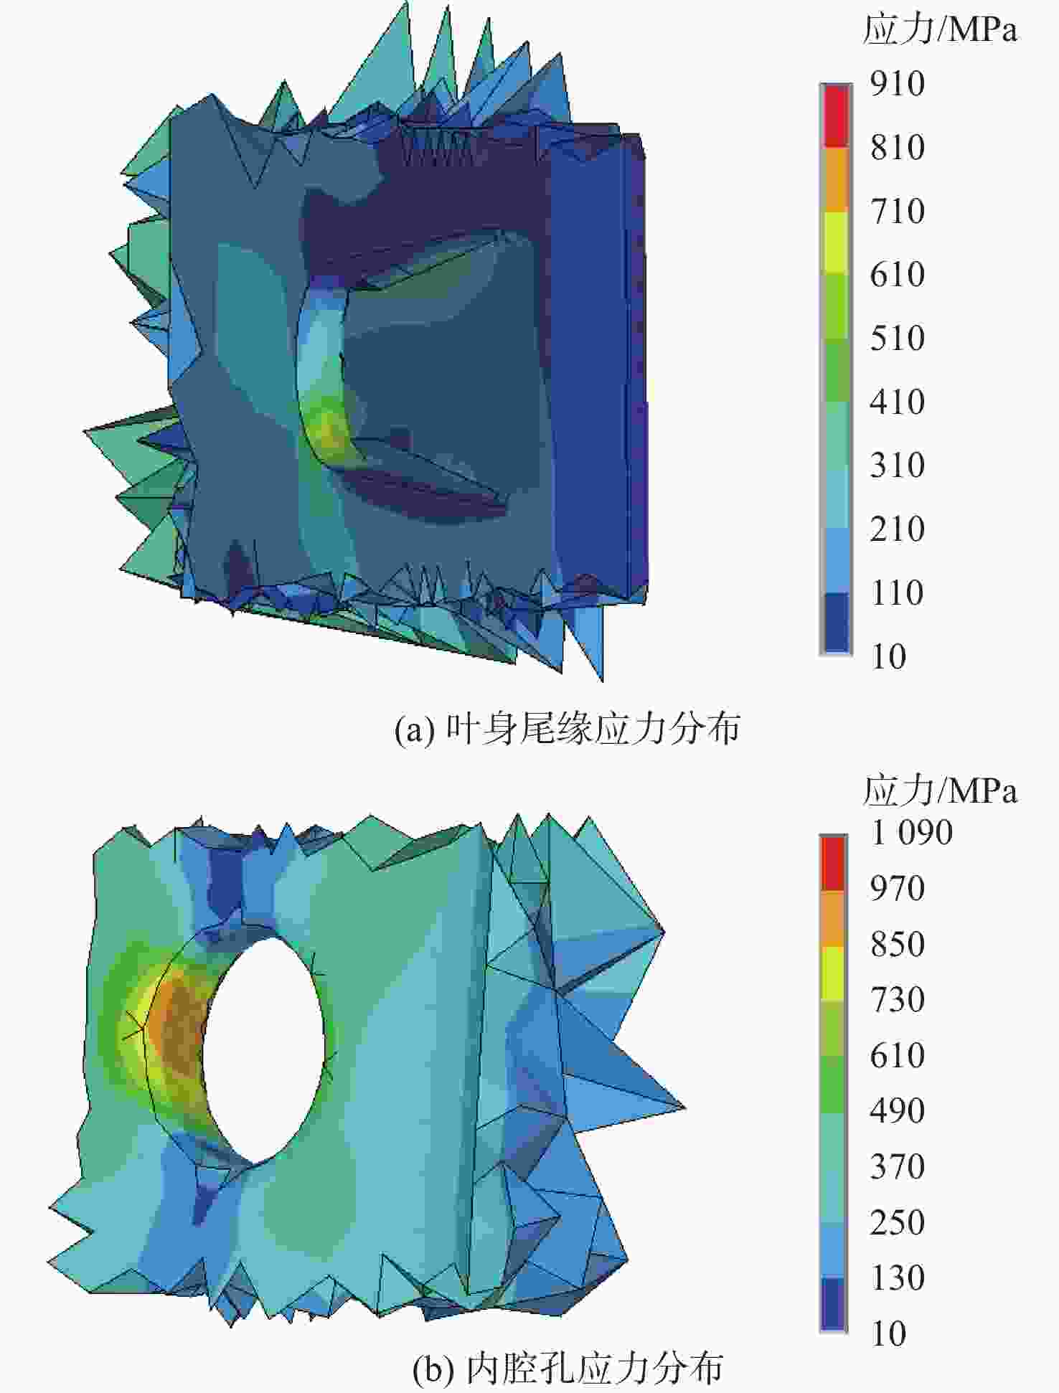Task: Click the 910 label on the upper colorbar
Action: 897,84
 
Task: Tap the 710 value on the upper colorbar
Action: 897,211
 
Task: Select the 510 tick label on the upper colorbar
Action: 897,338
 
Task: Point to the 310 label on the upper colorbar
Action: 897,465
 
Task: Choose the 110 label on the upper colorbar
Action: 897,592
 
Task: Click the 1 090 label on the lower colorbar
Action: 911,833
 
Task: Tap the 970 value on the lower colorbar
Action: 897,889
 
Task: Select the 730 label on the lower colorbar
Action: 897,999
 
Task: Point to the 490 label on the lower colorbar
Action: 897,1110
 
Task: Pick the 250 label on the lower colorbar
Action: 897,1222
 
